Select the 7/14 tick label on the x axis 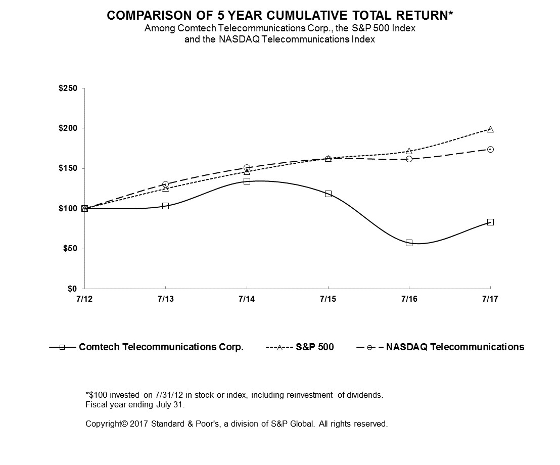tap(247, 299)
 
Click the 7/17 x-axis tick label tap(490, 299)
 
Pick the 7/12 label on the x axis tap(84, 299)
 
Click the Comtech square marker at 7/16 tap(409, 243)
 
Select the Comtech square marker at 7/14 tap(247, 181)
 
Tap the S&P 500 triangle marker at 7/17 tap(490, 129)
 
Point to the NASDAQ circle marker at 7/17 tap(490, 149)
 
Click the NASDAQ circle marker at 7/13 tap(165, 184)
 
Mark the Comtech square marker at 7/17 tap(490, 222)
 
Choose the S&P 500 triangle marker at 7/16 tap(409, 151)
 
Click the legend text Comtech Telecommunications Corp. tap(161, 347)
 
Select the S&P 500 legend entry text tap(315, 347)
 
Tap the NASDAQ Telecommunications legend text tap(455, 347)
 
